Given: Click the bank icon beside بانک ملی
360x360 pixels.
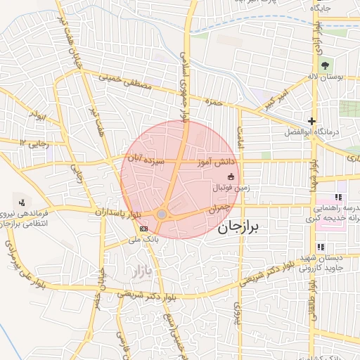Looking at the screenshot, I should coord(144,229).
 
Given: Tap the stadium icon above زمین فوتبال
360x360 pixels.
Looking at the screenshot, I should coord(231,176).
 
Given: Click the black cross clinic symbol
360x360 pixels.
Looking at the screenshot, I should coord(311,121).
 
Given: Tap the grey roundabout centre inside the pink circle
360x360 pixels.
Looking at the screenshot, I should coord(162,214).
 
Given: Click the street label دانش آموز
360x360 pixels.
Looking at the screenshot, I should coord(214,162).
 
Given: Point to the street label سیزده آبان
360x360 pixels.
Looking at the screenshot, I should coord(145,160).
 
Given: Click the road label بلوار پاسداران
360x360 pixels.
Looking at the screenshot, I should coord(118,212).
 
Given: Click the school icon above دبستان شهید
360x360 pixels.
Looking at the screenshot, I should coord(321,247).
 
